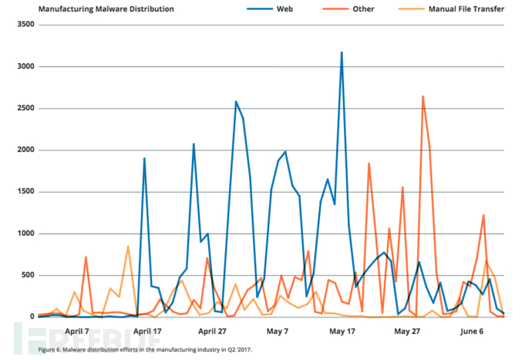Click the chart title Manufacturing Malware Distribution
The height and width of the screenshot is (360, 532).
92,9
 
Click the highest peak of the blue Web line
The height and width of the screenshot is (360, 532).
342,52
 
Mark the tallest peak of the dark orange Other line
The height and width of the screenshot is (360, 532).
423,96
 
